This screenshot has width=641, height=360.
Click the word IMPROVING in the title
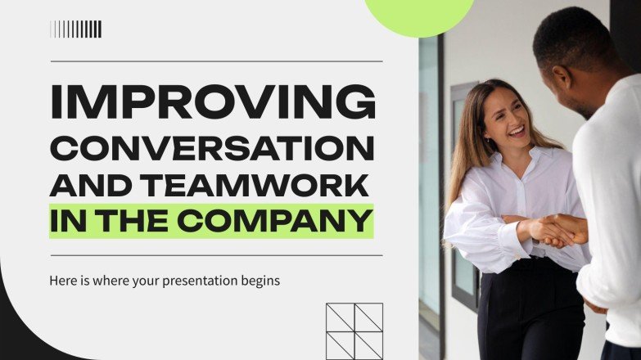(x=213, y=101)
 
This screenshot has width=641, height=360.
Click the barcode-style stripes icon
(x=76, y=29)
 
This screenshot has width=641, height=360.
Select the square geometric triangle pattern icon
(x=354, y=331)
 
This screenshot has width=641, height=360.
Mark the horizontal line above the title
(x=216, y=61)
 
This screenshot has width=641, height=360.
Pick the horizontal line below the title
(x=216, y=255)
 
